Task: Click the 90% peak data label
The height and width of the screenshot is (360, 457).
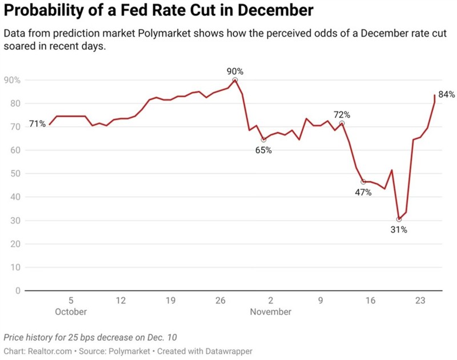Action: click(235, 71)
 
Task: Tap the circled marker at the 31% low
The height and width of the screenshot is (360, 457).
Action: click(399, 219)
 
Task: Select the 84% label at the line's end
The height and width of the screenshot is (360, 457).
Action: click(446, 94)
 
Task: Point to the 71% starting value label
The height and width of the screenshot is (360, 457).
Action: click(38, 124)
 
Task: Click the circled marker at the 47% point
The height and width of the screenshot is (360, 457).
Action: click(363, 182)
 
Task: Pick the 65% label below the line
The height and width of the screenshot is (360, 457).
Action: click(263, 150)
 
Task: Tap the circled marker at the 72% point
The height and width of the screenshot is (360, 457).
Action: click(342, 123)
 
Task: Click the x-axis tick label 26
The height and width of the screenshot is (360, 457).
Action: click(221, 301)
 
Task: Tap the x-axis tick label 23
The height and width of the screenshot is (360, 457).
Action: click(420, 301)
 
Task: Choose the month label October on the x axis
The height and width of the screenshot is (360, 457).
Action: click(71, 312)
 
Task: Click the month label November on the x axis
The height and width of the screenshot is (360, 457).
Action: click(270, 312)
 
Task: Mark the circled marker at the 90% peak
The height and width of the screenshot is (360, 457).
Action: click(235, 80)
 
